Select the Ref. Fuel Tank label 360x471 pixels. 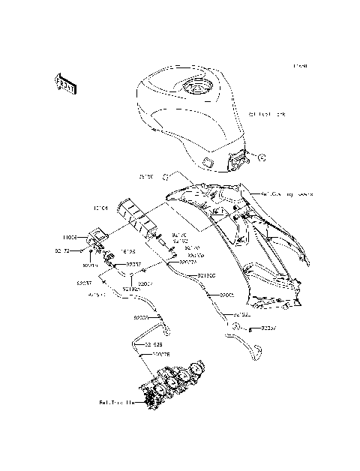[268, 115]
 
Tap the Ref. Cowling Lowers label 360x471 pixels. [286, 193]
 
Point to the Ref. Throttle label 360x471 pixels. [118, 403]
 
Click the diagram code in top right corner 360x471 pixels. [299, 66]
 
